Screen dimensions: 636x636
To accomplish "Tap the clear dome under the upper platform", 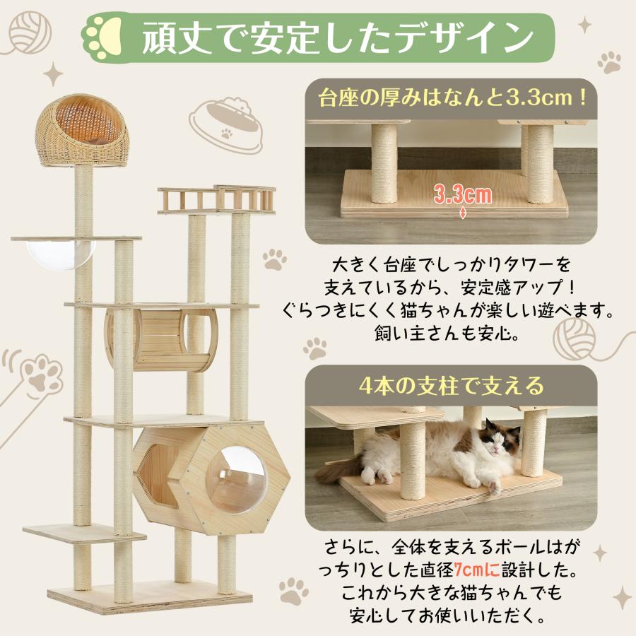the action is (60, 252).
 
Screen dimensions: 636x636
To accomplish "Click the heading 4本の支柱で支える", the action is (451, 386).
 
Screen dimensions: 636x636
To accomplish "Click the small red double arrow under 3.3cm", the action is (463, 213).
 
